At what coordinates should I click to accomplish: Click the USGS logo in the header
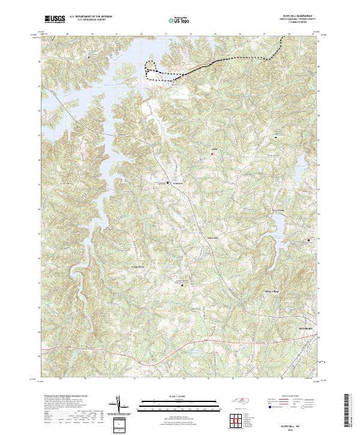point(55,19)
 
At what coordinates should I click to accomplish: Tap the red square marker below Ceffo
point(211,155)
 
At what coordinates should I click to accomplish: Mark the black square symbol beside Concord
point(167,182)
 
